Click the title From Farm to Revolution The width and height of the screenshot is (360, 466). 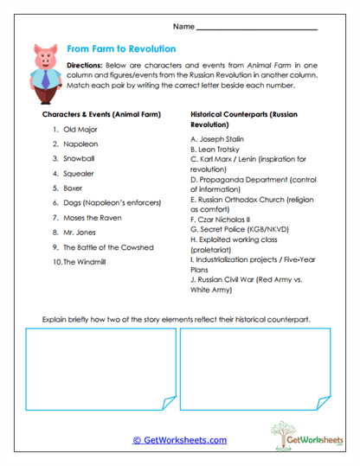click(x=121, y=49)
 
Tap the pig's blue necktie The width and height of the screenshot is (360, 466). click(x=47, y=80)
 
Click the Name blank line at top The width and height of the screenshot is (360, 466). click(x=257, y=29)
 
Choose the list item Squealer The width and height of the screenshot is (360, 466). click(x=79, y=174)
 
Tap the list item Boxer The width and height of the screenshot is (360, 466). click(x=74, y=188)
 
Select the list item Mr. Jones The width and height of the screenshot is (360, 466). click(x=80, y=233)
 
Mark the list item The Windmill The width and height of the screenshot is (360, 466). click(x=83, y=262)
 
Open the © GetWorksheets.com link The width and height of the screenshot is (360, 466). click(x=179, y=440)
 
